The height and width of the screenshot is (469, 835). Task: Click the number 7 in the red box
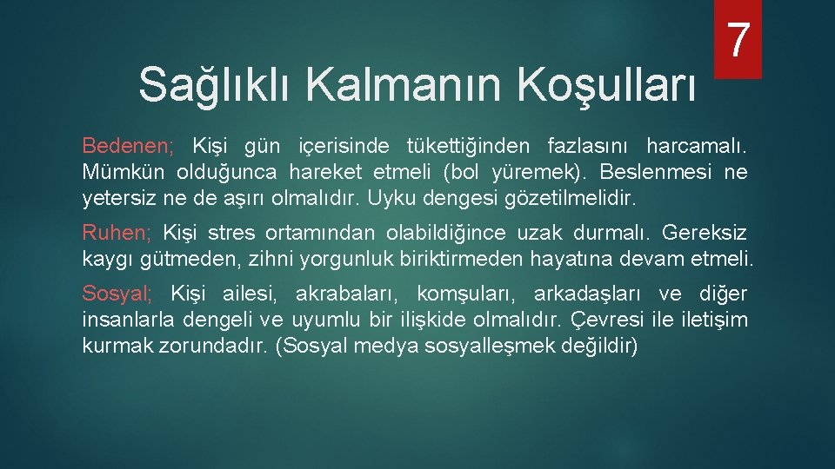tap(738, 40)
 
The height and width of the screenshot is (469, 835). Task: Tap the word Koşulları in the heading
tap(607, 85)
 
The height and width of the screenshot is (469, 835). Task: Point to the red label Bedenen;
tap(128, 144)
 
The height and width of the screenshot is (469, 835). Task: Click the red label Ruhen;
tap(117, 233)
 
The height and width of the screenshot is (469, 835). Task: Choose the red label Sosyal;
tap(117, 293)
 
